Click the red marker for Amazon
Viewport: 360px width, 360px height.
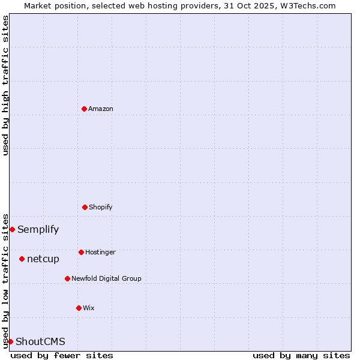(84, 109)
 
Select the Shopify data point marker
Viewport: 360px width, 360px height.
(85, 207)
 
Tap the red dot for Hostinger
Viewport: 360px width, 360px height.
(81, 252)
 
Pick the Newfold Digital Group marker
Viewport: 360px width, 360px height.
(67, 278)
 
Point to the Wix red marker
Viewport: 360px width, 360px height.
(79, 308)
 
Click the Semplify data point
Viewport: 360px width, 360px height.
(12, 229)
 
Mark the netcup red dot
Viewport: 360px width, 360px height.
(22, 259)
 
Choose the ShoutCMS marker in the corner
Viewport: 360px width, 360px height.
(10, 341)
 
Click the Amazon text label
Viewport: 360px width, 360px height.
(101, 109)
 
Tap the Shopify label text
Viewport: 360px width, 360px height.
(101, 207)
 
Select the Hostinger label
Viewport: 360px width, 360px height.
(100, 252)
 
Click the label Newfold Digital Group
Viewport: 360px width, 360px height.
(106, 278)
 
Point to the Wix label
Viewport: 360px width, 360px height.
(89, 308)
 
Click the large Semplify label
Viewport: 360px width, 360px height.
(38, 229)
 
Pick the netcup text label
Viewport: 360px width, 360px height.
(43, 259)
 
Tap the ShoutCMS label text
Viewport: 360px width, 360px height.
(40, 341)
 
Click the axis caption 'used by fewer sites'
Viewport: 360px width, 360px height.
(62, 355)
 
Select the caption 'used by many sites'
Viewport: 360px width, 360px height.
(301, 355)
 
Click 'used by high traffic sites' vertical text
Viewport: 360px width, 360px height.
(5, 85)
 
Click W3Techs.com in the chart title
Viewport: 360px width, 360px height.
(308, 5)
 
